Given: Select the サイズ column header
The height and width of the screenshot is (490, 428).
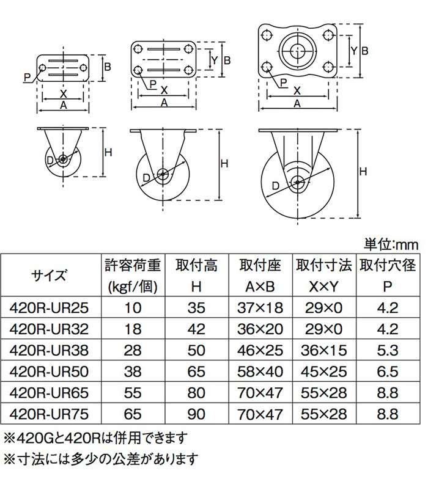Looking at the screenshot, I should pyautogui.click(x=49, y=275).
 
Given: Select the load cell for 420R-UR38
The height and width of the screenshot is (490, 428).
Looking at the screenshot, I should pyautogui.click(x=132, y=351).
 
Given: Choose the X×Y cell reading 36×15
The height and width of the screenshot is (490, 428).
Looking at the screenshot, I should pyautogui.click(x=323, y=351).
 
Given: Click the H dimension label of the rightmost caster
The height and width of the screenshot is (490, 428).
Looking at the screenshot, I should pyautogui.click(x=363, y=172).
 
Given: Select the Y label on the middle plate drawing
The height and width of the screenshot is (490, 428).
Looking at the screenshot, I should pyautogui.click(x=214, y=60).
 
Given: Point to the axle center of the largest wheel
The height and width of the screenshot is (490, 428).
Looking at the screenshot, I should pyautogui.click(x=298, y=181).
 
